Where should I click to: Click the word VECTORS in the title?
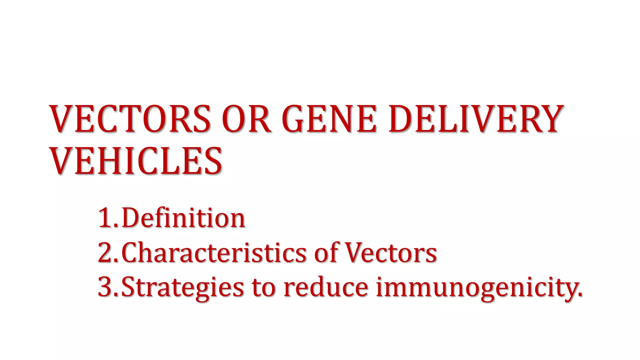coord(130,119)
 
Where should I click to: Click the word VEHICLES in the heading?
coord(136,161)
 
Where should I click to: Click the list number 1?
coord(105,218)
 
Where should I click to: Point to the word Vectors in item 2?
coord(391,252)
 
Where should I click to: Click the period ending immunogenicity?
coord(580,295)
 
